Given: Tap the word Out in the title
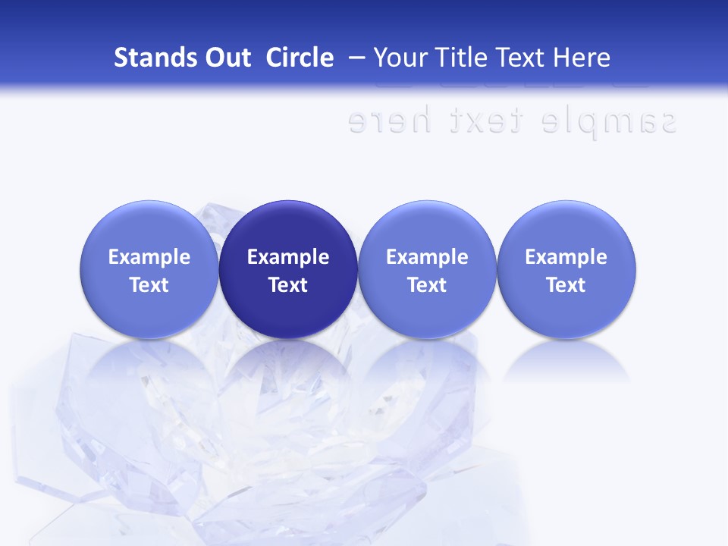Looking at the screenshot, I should (227, 58).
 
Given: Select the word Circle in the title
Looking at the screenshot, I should (300, 58).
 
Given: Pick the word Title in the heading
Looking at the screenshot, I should (462, 58).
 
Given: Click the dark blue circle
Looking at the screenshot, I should (288, 269).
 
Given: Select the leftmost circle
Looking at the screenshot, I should (149, 269).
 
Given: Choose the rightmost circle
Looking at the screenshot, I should (566, 269).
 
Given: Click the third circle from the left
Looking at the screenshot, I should (427, 269).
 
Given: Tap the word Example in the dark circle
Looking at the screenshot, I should (288, 257).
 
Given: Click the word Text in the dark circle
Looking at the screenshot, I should (288, 285).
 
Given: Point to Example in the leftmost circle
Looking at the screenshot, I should (149, 257).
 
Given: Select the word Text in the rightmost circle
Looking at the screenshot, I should (566, 285).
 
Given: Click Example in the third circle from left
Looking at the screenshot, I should (427, 257).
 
